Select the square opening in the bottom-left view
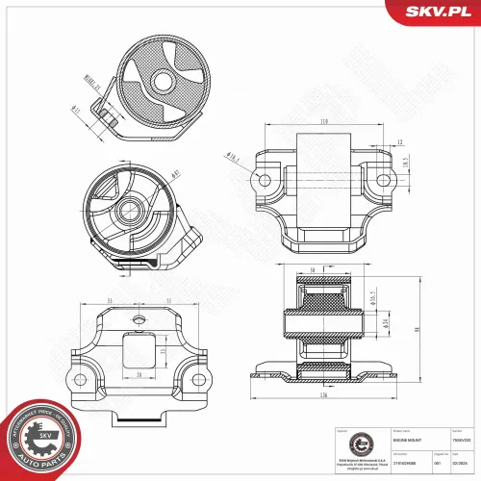pos(140,348)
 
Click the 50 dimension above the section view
pos(314,270)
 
